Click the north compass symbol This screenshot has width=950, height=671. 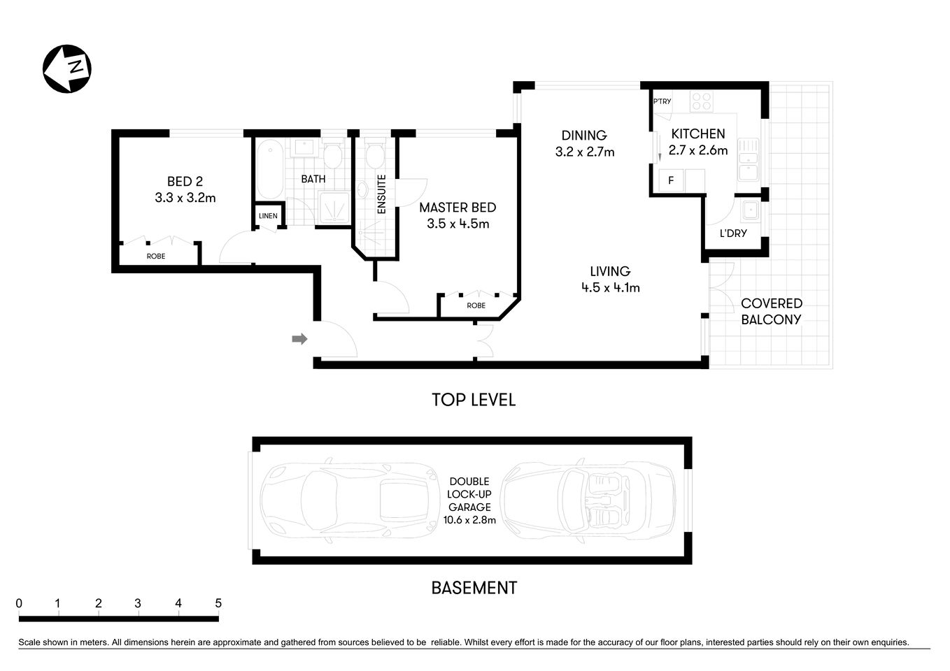pyautogui.click(x=67, y=68)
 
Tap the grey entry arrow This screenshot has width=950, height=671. pyautogui.click(x=299, y=339)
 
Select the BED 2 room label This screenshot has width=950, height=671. pyautogui.click(x=185, y=182)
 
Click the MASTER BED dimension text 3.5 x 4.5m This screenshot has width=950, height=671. pyautogui.click(x=458, y=224)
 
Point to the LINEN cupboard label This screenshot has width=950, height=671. pyautogui.click(x=268, y=216)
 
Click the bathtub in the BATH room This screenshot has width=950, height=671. pyautogui.click(x=269, y=170)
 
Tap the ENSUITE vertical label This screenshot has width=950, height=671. pyautogui.click(x=382, y=194)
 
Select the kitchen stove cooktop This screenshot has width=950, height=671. pyautogui.click(x=701, y=102)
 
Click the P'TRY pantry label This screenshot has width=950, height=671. pyautogui.click(x=662, y=101)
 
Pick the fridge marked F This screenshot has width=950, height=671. pyautogui.click(x=671, y=180)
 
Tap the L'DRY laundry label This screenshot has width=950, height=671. pyautogui.click(x=733, y=233)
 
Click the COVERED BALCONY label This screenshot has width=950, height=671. pyautogui.click(x=771, y=312)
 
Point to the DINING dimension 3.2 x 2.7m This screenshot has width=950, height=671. pyautogui.click(x=585, y=152)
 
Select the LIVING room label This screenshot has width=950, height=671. pyautogui.click(x=610, y=271)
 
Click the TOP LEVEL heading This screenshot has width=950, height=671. pyautogui.click(x=474, y=400)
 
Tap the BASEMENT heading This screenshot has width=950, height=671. pyautogui.click(x=474, y=588)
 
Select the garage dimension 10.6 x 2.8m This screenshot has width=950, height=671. pyautogui.click(x=469, y=520)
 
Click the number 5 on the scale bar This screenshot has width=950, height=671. pyautogui.click(x=218, y=603)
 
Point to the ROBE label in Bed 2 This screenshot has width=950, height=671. pyautogui.click(x=156, y=257)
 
